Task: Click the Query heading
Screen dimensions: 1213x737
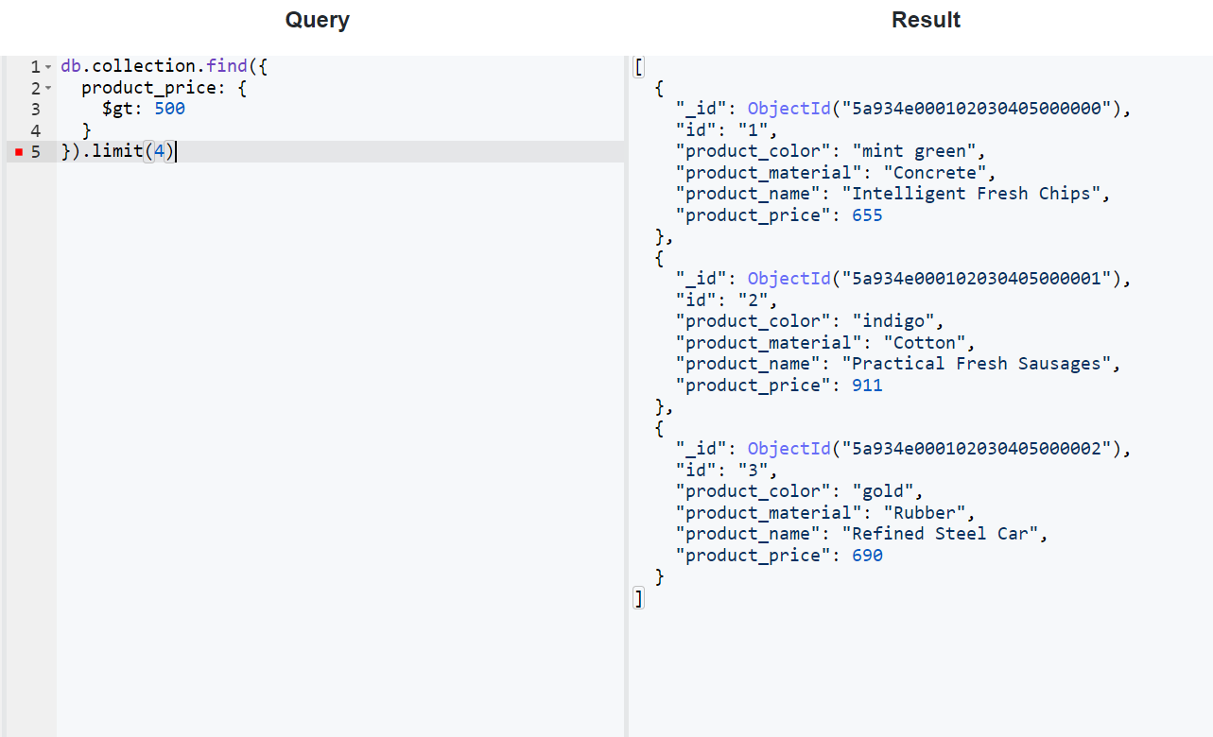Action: click(x=317, y=20)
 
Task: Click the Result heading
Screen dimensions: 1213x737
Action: click(x=926, y=20)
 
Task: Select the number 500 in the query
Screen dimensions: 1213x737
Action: click(x=170, y=109)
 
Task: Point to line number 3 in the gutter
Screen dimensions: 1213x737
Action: click(x=36, y=109)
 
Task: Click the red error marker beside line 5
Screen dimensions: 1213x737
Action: click(x=19, y=151)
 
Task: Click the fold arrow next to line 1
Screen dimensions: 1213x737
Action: click(x=48, y=67)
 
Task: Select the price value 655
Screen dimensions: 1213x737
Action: click(x=867, y=215)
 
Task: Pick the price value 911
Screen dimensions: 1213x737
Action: click(x=867, y=386)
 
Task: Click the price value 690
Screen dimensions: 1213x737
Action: click(x=867, y=556)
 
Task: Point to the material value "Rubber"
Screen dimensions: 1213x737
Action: click(x=925, y=513)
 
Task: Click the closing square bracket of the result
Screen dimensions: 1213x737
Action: click(x=639, y=598)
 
